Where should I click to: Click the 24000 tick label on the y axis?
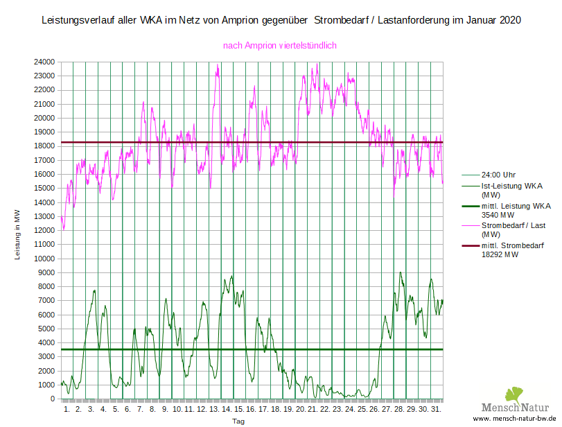[x=45, y=62]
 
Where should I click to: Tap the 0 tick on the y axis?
[x=53, y=399]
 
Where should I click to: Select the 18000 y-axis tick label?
[x=45, y=146]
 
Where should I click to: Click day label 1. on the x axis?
[x=67, y=410]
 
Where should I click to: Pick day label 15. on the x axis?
[x=239, y=410]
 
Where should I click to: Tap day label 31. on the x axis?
[x=436, y=410]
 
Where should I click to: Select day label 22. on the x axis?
[x=325, y=410]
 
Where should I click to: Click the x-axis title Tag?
[x=238, y=421]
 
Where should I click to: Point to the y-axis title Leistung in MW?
[x=18, y=235]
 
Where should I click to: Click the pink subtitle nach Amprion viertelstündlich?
[x=279, y=46]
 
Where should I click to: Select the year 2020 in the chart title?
[x=508, y=21]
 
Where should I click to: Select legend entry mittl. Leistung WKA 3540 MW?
[x=516, y=210]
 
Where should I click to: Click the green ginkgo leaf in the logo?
[x=513, y=396]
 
